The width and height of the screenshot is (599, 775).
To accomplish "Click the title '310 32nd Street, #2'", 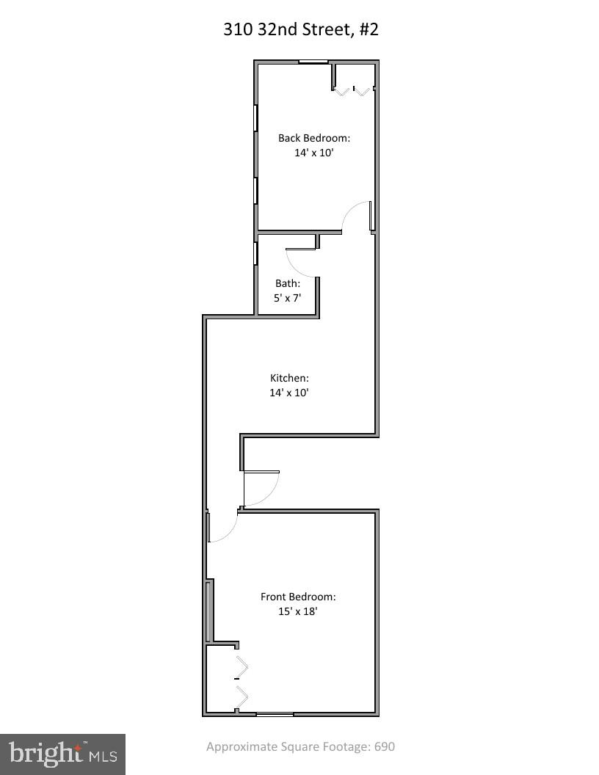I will pos(300,29).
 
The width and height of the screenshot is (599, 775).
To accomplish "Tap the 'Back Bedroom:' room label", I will pos(313,137).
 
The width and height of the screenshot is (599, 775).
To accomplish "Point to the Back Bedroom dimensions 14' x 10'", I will pos(313,153).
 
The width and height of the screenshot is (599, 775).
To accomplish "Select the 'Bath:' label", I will pos(288,283).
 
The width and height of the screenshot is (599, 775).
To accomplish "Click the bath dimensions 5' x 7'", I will pos(288,299).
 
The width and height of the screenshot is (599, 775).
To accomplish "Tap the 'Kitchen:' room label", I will pos(289,378).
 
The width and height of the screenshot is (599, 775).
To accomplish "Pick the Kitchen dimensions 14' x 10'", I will pos(289,393).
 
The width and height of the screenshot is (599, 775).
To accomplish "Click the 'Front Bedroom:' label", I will pos(298,597).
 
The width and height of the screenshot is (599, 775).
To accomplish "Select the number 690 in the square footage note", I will pos(385,747).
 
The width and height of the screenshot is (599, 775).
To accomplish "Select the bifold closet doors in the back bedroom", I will pos(353,90).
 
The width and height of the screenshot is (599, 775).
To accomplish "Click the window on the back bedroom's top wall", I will pos(313,62).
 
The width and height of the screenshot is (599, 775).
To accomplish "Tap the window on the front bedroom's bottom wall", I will pos(275,713).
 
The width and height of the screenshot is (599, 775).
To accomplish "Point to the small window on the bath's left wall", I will pos(255,252).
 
